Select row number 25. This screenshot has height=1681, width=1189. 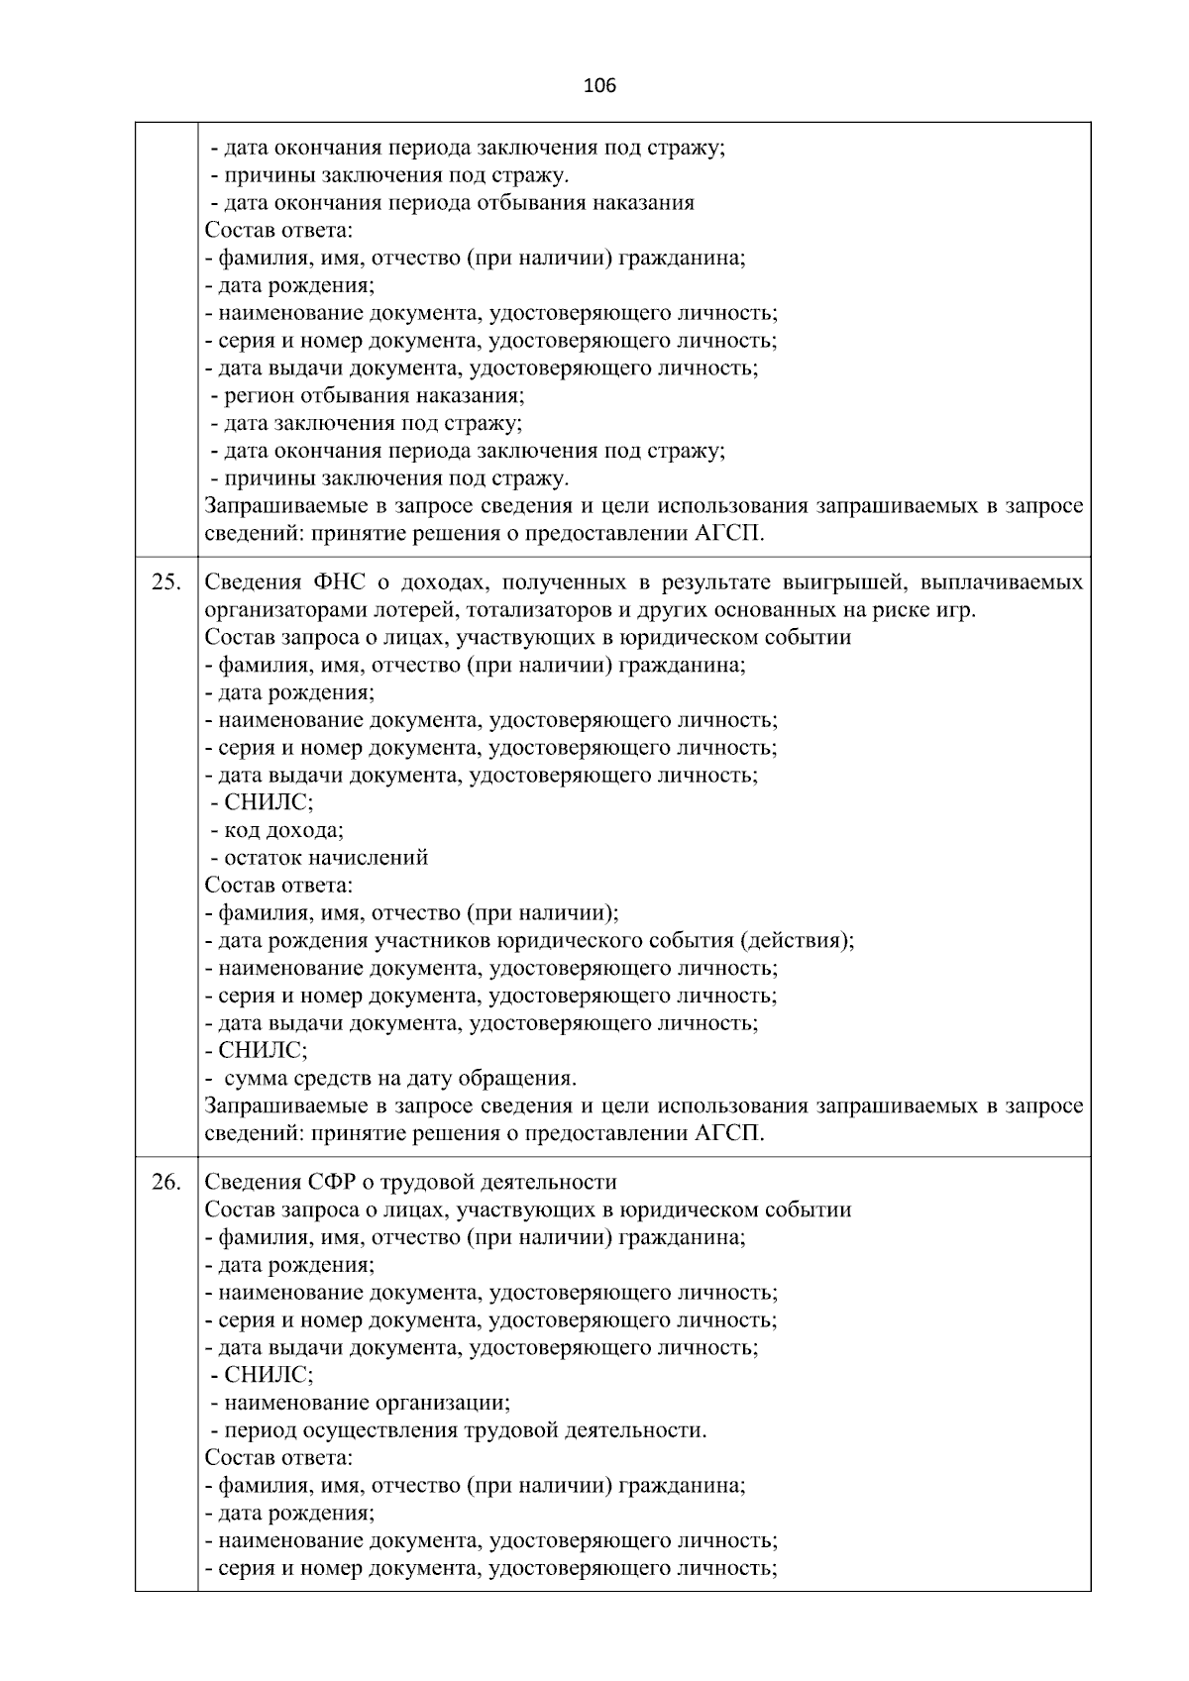165,582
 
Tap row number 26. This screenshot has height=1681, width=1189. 165,1182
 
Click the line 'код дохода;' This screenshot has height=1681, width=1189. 283,830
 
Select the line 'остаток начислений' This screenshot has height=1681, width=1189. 326,858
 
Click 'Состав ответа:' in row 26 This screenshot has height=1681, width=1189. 278,1458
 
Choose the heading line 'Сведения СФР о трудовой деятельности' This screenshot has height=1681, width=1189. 410,1182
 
